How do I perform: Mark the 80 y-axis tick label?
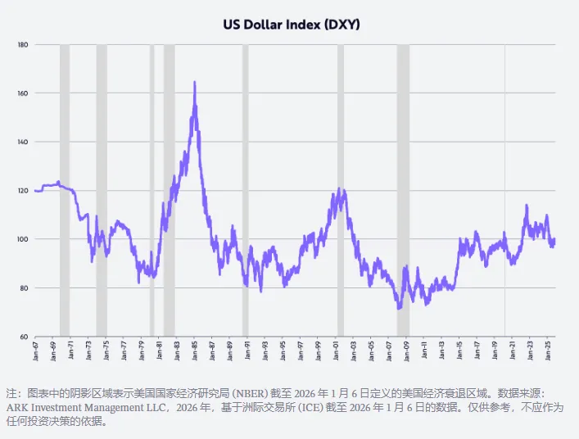click(24, 288)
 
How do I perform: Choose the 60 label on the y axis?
click(24, 337)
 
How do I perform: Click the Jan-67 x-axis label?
click(36, 351)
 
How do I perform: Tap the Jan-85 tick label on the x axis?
click(195, 351)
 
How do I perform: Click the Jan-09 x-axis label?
click(407, 351)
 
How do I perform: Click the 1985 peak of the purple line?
click(194, 82)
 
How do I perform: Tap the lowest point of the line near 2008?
click(398, 308)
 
